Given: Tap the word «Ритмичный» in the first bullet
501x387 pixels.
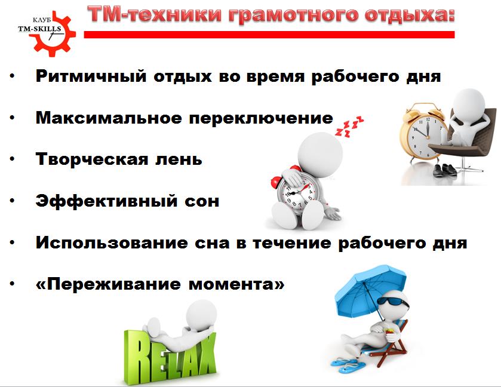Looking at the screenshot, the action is (x=91, y=76).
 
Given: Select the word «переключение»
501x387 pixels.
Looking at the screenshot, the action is (x=261, y=119).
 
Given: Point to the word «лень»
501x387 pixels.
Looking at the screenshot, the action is (x=179, y=159).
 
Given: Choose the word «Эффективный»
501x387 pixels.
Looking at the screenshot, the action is (x=106, y=201).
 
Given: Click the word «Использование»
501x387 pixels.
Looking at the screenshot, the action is (x=112, y=242).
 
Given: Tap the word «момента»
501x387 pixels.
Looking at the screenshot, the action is (x=236, y=284).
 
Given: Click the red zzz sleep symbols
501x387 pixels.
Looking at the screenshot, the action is (x=349, y=127).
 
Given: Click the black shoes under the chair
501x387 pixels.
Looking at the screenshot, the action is (x=445, y=170).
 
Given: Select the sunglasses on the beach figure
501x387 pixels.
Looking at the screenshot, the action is (x=393, y=302).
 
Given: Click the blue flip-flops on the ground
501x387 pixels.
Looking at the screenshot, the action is (x=345, y=365).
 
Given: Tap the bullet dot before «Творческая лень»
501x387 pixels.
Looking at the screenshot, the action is (x=12, y=159).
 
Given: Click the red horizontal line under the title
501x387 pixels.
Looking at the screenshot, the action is (x=269, y=35).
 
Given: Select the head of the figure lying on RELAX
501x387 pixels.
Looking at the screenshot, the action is (x=201, y=315).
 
